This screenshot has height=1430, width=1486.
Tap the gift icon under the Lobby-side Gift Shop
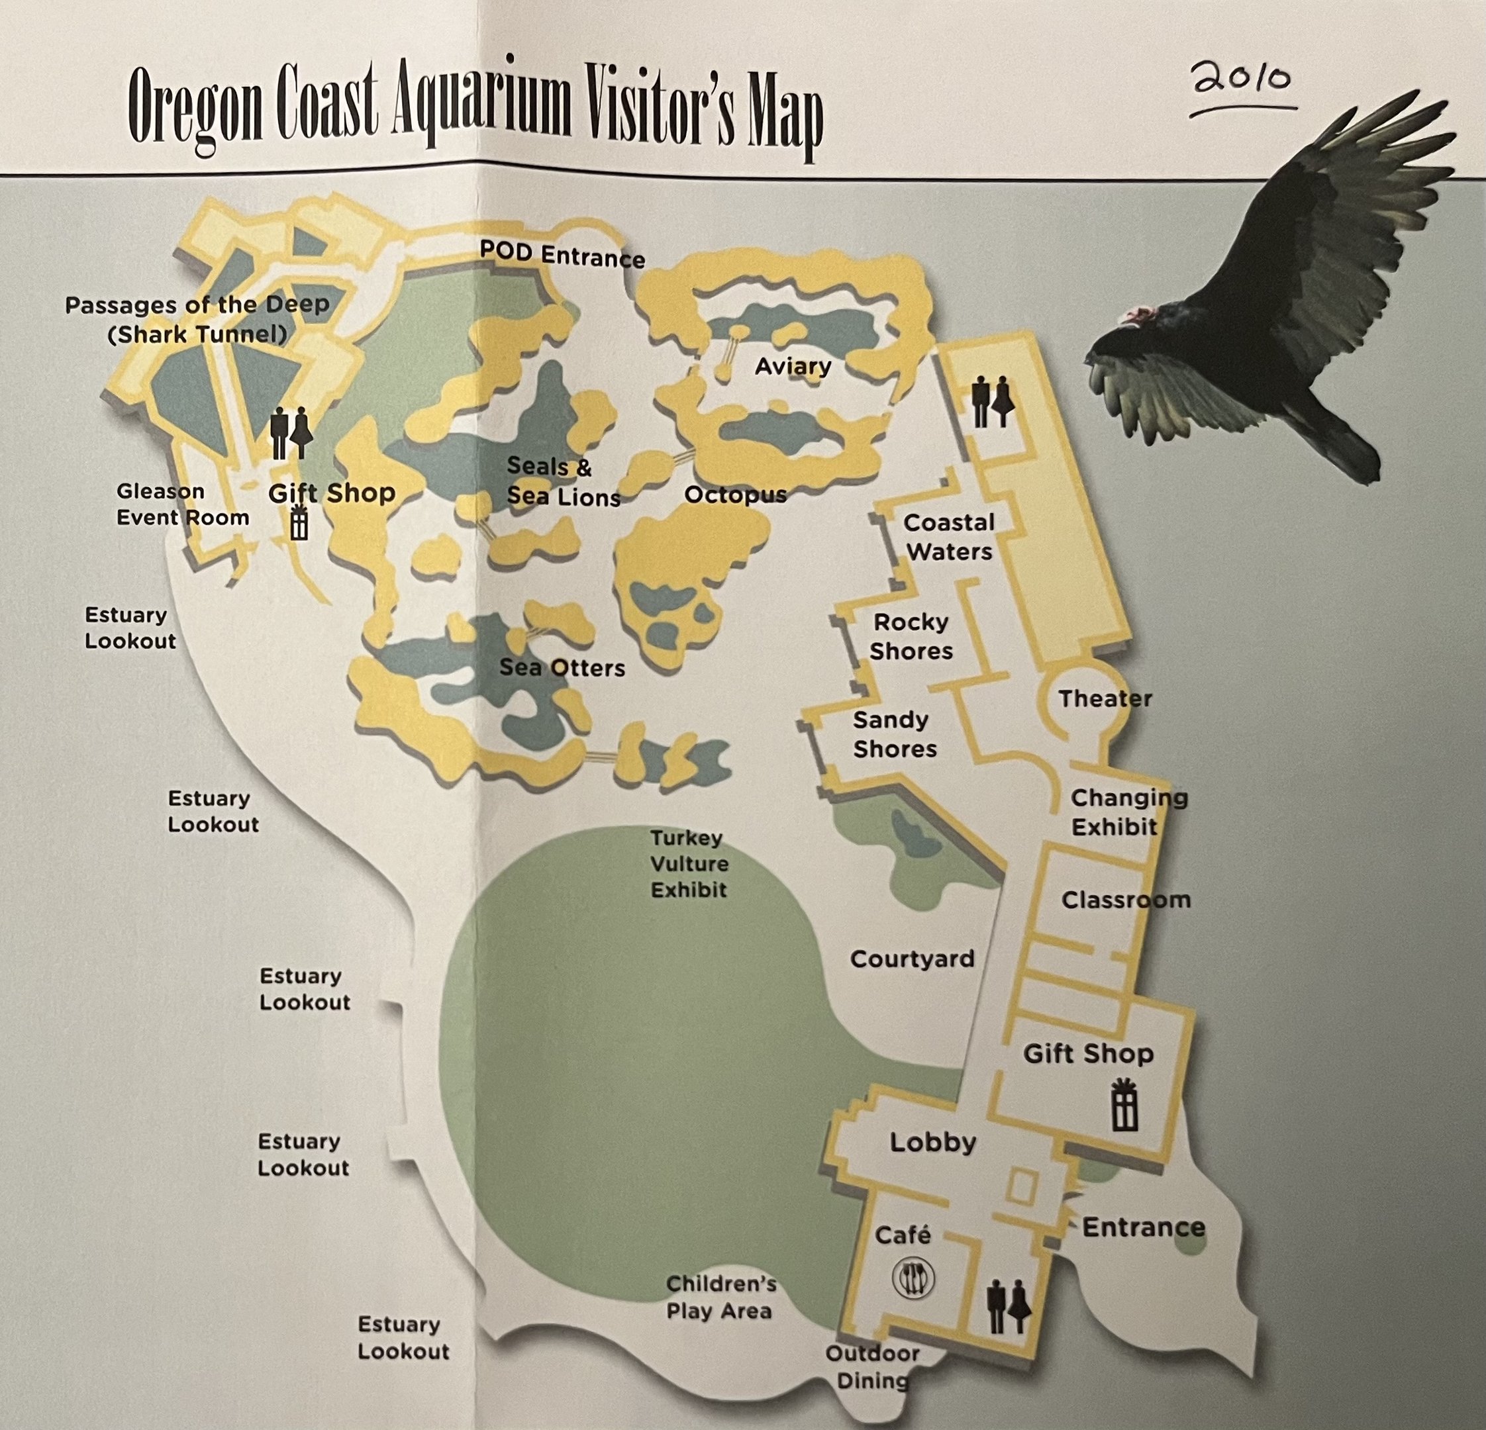coord(1125,1106)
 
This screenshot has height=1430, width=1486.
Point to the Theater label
coord(1105,698)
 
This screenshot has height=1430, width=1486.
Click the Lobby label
coord(932,1143)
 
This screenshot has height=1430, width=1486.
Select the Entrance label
coord(1142,1227)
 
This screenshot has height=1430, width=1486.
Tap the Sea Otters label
coord(562,667)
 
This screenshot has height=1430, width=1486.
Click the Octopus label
coord(736,495)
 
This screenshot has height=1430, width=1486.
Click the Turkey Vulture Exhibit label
coord(689,864)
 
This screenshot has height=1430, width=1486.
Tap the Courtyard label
coord(912,959)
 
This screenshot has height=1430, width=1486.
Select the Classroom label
coord(1126,900)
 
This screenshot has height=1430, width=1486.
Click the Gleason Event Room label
coord(183,504)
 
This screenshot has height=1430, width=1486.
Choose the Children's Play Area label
coord(720,1298)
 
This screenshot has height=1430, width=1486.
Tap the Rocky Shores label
coord(911,637)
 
